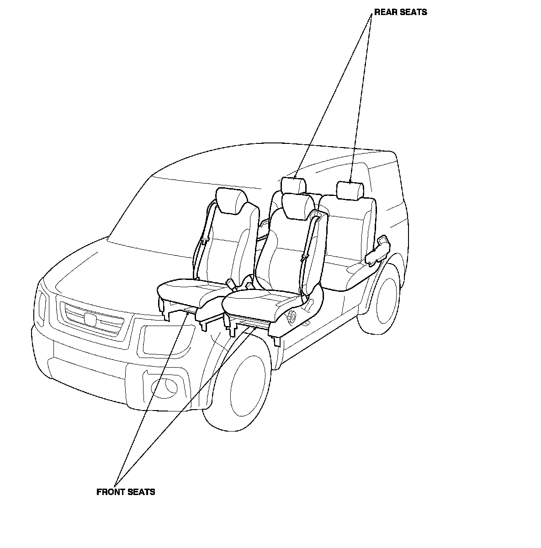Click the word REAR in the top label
pos(385,12)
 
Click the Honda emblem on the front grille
pos(91,320)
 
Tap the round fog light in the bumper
pos(165,386)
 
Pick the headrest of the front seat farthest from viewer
pos(231,200)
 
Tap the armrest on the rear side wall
pos(378,250)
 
